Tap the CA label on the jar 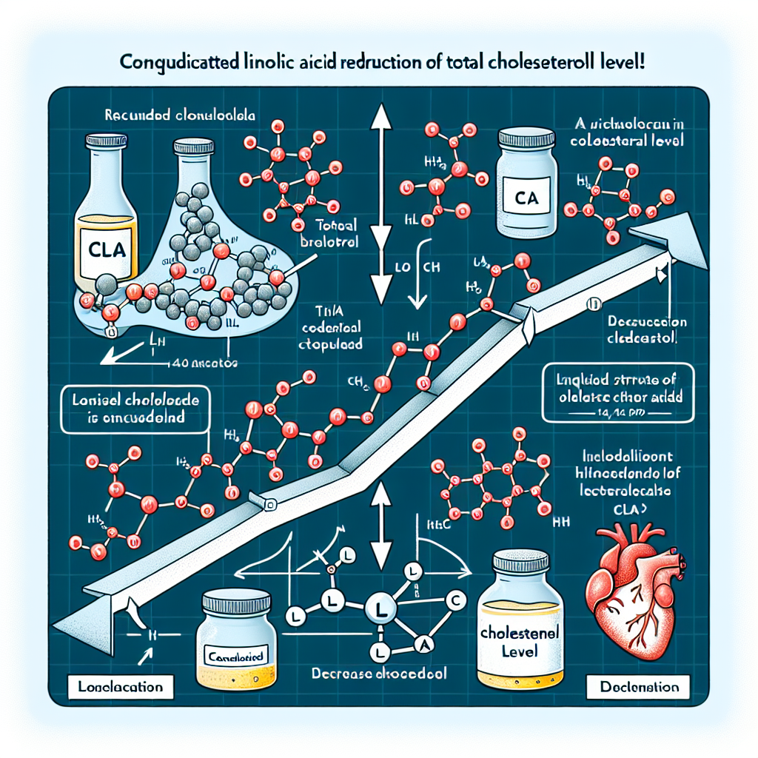(526, 198)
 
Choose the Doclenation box (638, 685)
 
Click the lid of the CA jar (526, 138)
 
